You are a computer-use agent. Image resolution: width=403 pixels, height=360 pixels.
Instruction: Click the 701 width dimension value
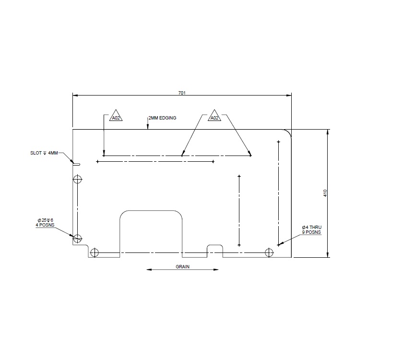(182, 92)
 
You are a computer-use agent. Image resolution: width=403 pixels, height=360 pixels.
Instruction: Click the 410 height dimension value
(325, 193)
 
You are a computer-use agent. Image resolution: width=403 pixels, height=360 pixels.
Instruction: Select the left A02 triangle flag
(116, 118)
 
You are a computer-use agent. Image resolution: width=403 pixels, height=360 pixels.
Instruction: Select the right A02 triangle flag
(214, 118)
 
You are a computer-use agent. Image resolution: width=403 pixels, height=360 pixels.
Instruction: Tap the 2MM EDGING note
(162, 118)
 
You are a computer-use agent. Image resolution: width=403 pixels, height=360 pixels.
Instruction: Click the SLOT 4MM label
(44, 153)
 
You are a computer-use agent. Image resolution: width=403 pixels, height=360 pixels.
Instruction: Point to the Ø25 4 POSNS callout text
(46, 222)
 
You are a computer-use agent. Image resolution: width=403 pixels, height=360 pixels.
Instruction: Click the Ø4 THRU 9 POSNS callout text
(311, 229)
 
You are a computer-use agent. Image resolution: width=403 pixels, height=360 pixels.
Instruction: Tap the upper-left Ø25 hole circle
(77, 179)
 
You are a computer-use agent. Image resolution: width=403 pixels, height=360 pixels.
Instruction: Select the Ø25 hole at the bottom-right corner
(269, 252)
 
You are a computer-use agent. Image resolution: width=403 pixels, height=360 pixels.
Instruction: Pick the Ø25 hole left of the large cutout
(95, 252)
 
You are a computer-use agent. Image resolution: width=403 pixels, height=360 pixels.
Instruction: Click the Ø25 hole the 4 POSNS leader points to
(77, 238)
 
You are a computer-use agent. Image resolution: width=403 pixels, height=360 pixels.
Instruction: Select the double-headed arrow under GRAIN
(182, 270)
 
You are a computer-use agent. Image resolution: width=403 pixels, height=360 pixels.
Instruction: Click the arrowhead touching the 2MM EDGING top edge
(148, 128)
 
